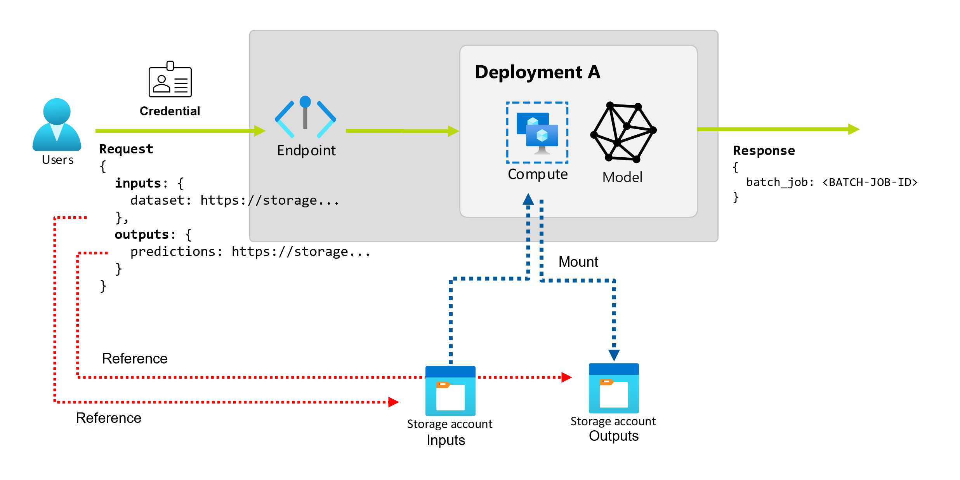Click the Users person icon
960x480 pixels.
click(x=57, y=125)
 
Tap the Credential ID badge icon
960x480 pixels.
click(x=170, y=80)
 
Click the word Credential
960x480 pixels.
click(x=170, y=111)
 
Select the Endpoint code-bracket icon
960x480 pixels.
click(x=305, y=117)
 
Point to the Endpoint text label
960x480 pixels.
click(x=306, y=151)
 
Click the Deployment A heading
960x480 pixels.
click(x=537, y=72)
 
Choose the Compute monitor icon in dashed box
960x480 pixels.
click(x=537, y=133)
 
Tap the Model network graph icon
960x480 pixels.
click(x=623, y=132)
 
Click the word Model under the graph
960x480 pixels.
click(x=622, y=177)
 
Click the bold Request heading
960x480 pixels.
click(x=126, y=149)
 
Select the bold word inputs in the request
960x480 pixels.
click(x=138, y=183)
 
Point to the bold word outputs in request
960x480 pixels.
click(x=142, y=235)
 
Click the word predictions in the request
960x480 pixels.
click(x=172, y=252)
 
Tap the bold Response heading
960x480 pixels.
click(x=764, y=151)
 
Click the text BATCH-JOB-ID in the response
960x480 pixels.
click(x=870, y=182)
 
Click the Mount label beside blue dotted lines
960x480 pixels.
click(x=578, y=262)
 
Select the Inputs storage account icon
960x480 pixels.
click(x=450, y=391)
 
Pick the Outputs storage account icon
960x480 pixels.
click(x=613, y=388)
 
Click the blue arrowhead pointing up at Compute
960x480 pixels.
click(x=528, y=199)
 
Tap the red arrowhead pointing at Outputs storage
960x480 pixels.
click(x=566, y=377)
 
